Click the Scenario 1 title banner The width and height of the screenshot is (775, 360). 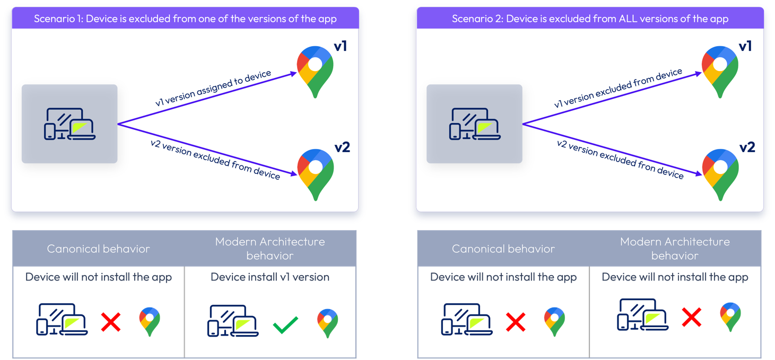coord(185,19)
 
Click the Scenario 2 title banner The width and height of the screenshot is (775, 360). coord(590,19)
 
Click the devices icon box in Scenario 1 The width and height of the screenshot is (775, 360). coord(69,124)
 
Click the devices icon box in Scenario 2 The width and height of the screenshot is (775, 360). coord(474,124)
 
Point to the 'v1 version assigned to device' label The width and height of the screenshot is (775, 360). coord(213,89)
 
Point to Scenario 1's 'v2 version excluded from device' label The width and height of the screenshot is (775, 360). coord(215,160)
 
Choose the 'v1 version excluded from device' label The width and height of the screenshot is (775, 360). coord(618,89)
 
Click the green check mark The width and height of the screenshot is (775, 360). coord(285,324)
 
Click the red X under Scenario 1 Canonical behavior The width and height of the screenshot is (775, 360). coord(111,322)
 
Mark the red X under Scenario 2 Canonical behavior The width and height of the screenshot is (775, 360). coord(515,322)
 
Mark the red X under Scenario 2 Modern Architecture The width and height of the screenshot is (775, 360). coord(692,318)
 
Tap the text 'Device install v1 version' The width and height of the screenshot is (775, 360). coord(270,277)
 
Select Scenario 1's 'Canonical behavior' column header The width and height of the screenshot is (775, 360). coord(99,248)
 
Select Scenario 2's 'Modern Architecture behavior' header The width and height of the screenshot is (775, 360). coord(675,248)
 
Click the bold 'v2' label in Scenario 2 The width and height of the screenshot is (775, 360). coord(747,147)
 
